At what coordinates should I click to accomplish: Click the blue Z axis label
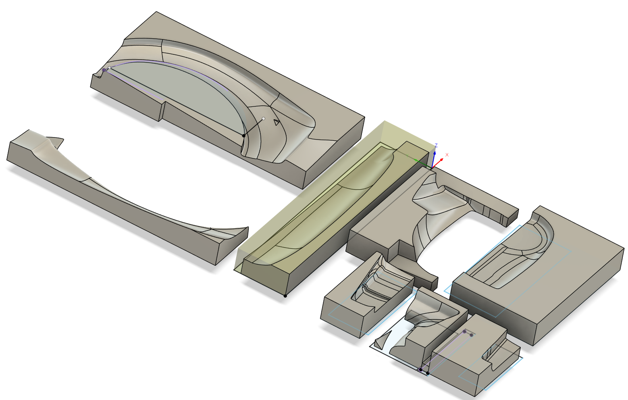click(436, 145)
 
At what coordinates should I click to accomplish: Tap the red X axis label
click(447, 155)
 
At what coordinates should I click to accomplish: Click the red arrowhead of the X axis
click(441, 160)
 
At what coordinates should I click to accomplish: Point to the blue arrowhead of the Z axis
click(435, 153)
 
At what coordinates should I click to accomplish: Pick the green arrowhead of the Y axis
click(416, 160)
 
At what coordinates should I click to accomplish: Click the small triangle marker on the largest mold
click(277, 122)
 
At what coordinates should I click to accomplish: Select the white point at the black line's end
click(263, 119)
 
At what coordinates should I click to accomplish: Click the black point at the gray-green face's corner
click(243, 136)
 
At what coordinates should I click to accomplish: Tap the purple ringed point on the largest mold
click(104, 70)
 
